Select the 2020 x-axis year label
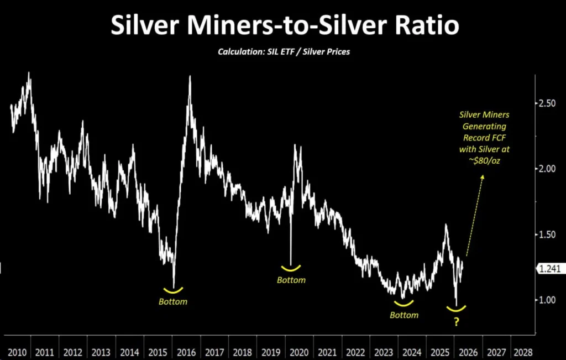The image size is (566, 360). tap(298, 352)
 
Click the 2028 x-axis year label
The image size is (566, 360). tap(523, 352)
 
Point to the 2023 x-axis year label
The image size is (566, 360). tap(383, 352)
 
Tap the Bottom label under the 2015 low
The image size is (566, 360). tap(173, 302)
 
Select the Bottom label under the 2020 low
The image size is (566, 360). tap(291, 280)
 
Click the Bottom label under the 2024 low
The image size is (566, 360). tap(404, 315)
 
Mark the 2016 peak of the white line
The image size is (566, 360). tap(190, 76)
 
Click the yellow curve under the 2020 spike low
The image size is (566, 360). tap(291, 268)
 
